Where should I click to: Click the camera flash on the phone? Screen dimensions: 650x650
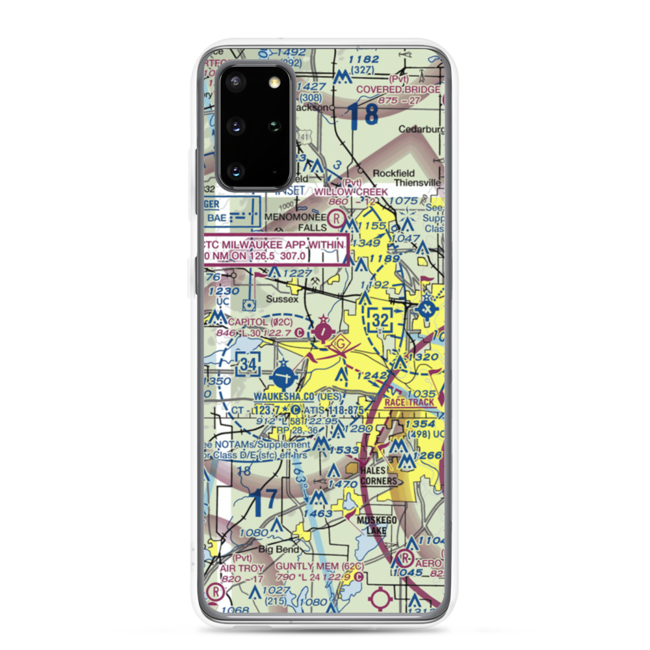pos(274,81)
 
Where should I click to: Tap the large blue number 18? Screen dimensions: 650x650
pos(362,115)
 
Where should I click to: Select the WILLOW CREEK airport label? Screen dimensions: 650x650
pos(350,192)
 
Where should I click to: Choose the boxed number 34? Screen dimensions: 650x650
pos(246,365)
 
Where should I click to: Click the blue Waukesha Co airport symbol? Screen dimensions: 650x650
pos(283,375)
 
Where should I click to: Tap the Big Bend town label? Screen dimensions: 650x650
pos(273,549)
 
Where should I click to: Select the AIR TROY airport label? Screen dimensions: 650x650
pos(242,567)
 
